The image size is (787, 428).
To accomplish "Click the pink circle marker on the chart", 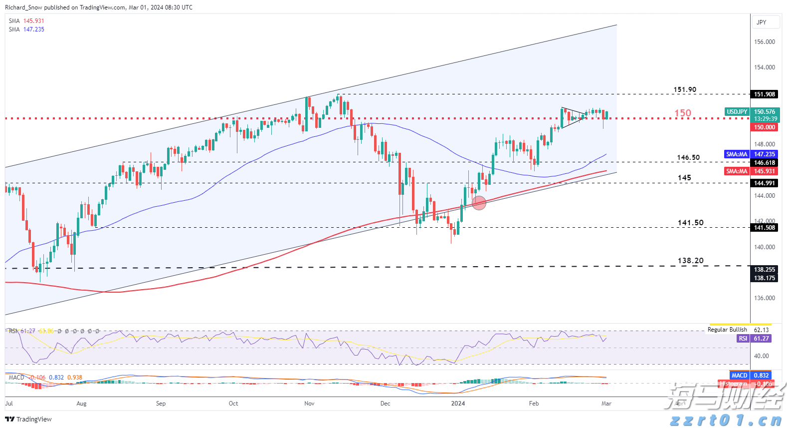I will [x=479, y=203].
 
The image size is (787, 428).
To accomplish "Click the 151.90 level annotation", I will [x=685, y=90].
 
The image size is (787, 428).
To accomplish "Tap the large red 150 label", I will [x=683, y=113].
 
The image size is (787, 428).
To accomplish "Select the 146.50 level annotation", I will [x=688, y=158].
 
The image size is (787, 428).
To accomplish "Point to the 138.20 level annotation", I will [x=690, y=261].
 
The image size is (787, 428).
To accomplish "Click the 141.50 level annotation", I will [x=690, y=223].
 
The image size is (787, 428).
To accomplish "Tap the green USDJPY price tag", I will [x=737, y=112].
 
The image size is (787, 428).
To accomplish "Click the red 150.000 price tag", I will [x=764, y=127].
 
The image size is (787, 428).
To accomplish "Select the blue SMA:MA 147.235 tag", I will [x=751, y=154].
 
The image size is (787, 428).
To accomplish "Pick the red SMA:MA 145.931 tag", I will [x=751, y=171].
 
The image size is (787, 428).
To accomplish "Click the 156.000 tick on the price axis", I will [x=765, y=42].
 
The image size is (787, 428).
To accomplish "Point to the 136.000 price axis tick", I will [x=765, y=298].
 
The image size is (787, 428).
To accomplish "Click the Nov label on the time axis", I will [x=309, y=404].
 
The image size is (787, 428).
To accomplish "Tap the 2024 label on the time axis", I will [x=458, y=404].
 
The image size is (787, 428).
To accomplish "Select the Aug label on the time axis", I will [x=81, y=404].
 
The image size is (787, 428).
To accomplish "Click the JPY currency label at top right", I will [x=762, y=22].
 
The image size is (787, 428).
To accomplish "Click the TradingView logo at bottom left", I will [x=28, y=420].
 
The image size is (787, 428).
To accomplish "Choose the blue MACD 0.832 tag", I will [x=751, y=376].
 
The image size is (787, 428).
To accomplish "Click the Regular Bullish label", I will [x=727, y=330].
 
